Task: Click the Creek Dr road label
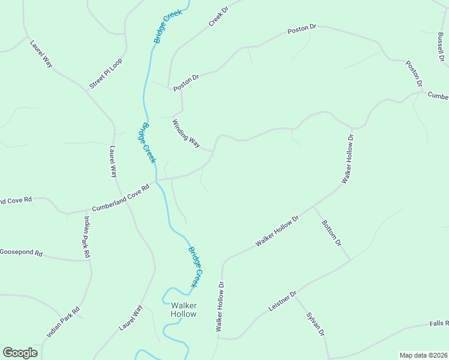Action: [219, 17]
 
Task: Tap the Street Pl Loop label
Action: [106, 74]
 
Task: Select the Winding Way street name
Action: [186, 134]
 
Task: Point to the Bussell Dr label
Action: [441, 47]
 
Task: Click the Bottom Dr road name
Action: [331, 233]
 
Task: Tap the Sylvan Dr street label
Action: [315, 325]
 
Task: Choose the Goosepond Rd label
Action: [22, 253]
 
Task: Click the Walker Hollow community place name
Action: [183, 310]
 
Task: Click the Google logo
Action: [20, 353]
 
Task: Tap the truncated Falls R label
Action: [439, 323]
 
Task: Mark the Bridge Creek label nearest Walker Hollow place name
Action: [196, 266]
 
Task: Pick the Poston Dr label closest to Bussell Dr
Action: [414, 73]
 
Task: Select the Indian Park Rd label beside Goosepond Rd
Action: [86, 237]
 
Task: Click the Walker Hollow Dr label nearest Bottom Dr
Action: [277, 231]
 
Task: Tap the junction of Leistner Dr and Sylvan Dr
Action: [294, 295]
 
